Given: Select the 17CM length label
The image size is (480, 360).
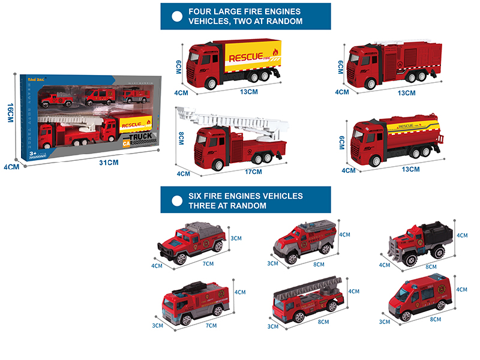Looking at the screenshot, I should tap(254, 173).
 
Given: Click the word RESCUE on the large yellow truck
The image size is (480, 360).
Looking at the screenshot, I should tap(245, 57).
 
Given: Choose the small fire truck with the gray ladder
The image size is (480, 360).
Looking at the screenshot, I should tap(306, 297).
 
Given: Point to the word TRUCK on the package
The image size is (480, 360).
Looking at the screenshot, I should tap(137, 137).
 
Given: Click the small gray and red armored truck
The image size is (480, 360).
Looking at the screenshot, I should tap(304, 240).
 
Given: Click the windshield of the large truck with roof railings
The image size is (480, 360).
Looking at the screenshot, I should tap(358, 60).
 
